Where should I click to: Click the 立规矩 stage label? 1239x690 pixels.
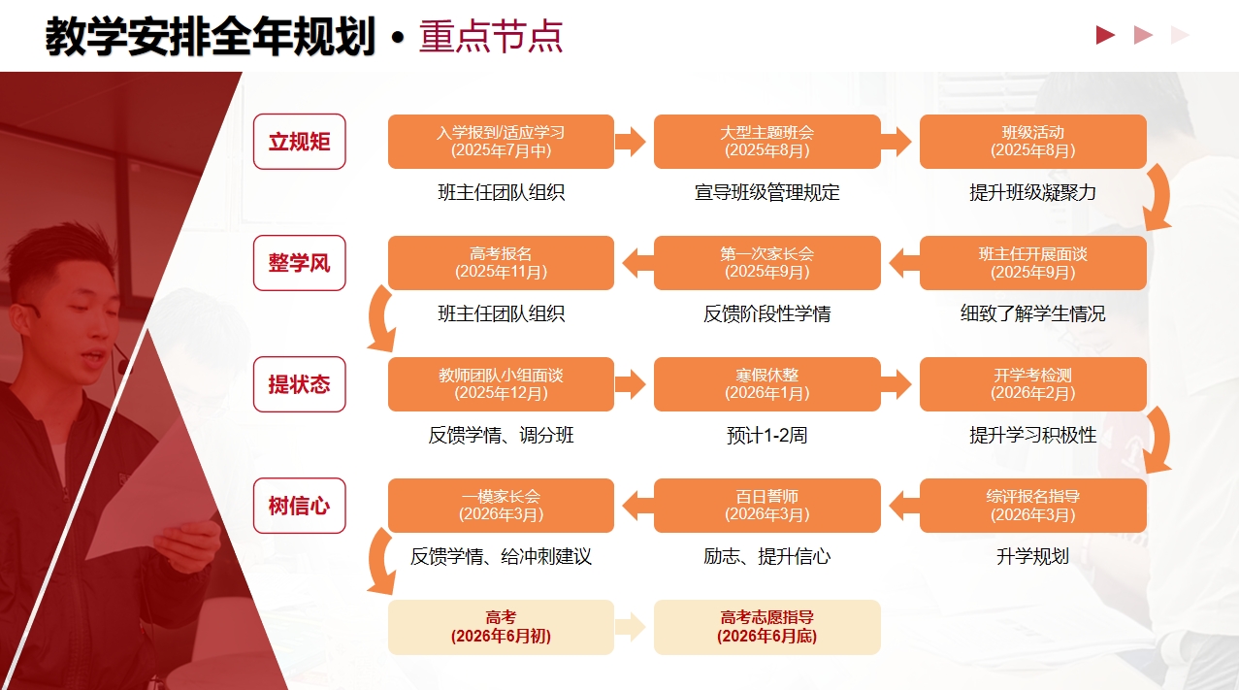299,142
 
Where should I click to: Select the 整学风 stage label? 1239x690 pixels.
299,263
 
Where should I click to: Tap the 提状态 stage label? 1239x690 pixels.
299,384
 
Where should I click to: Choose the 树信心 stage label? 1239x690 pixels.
299,506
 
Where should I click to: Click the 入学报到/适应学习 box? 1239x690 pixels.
501,142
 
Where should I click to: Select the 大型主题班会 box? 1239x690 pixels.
766,142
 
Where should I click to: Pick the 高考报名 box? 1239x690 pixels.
501,263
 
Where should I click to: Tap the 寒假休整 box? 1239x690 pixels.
766,384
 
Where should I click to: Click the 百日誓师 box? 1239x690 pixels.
766,506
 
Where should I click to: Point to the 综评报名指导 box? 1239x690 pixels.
1032,506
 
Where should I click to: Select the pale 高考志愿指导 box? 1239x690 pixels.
766,627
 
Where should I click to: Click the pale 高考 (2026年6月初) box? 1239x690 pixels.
501,627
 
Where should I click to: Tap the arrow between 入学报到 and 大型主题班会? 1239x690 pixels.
631,142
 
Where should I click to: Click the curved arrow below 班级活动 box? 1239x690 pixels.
1157,200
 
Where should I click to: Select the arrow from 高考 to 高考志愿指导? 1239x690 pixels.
631,627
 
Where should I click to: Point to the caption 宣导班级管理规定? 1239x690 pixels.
766,192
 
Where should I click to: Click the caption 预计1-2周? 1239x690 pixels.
766,435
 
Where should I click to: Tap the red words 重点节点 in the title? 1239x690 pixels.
491,37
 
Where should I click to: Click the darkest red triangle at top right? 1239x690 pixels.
1105,36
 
